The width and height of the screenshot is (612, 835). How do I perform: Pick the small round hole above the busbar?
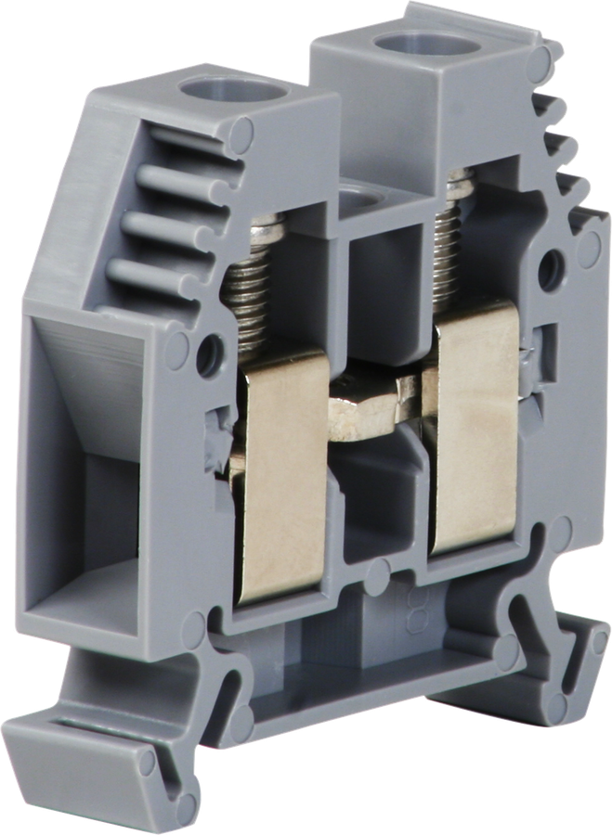click(x=355, y=202)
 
